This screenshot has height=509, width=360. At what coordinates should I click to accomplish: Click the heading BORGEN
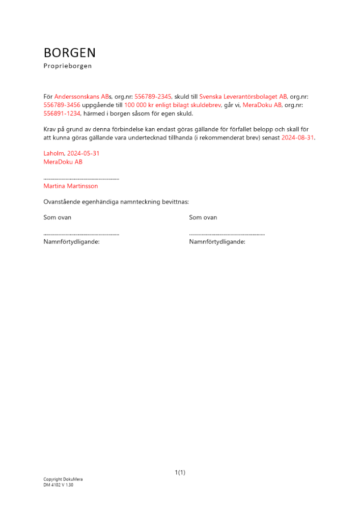pos(70,53)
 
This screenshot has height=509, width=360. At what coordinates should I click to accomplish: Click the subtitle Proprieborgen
pos(68,66)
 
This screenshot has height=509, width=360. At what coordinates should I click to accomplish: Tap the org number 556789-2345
pos(153,96)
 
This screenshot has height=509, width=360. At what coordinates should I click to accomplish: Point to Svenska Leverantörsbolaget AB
pos(243,96)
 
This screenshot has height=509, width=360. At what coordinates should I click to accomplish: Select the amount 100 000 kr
pos(140,105)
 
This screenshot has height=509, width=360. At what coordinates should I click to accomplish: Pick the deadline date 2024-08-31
pos(298,138)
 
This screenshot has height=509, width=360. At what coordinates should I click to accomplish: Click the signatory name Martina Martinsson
pos(71,186)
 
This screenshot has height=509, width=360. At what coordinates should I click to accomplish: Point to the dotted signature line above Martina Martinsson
pos(81,179)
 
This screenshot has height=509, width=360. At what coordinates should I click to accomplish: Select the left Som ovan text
pos(58,217)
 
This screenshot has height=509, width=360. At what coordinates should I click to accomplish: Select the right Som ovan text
pos(203,217)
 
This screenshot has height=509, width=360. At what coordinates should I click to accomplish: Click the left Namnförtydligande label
pos(72,242)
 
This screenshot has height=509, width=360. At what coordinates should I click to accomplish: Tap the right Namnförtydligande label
pos(217,242)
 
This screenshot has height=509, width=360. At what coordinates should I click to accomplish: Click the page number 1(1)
pos(180,473)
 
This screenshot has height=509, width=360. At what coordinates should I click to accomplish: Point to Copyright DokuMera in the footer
pos(63,479)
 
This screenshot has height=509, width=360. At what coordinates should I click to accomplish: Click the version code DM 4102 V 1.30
pos(59,485)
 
